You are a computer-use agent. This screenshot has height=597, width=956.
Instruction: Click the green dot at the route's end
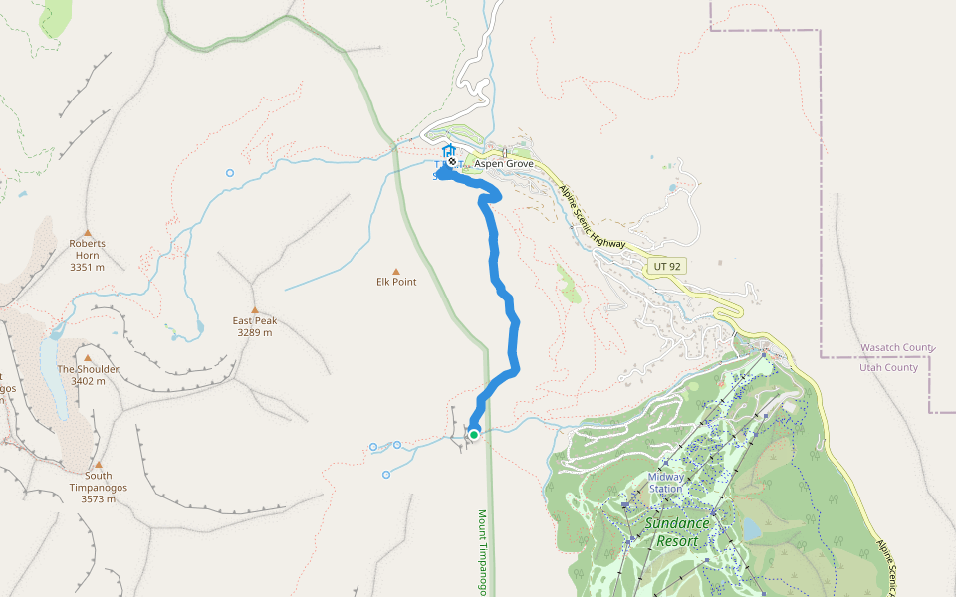pos(474,434)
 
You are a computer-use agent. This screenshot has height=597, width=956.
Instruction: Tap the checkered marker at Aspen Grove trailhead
pos(452,161)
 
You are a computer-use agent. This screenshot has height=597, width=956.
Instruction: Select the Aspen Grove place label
pos(504,164)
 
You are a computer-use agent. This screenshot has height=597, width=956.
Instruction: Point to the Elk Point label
pos(396,282)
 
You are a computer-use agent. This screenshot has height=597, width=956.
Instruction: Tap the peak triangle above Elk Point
pos(396,271)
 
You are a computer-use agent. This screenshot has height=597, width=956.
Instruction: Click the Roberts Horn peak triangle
pos(87,233)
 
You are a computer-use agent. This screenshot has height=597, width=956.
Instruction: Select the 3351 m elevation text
pos(88,268)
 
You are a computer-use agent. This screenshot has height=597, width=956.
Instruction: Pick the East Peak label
pos(255,320)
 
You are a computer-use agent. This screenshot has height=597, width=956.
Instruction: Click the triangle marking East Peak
pos(255,309)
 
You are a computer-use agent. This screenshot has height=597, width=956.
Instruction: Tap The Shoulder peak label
pos(88,369)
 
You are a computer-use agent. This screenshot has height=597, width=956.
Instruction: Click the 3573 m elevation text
pos(98,498)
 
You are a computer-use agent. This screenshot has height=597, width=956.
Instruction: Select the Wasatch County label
pos(897,347)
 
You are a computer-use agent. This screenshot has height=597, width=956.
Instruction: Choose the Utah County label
pos(888,367)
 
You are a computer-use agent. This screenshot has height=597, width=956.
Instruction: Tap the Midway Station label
pos(666,482)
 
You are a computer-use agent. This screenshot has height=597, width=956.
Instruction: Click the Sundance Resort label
pos(676,532)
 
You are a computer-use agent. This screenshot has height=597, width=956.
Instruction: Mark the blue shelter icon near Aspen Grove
pos(447,151)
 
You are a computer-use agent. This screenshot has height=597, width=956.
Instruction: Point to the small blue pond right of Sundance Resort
pos(751,529)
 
